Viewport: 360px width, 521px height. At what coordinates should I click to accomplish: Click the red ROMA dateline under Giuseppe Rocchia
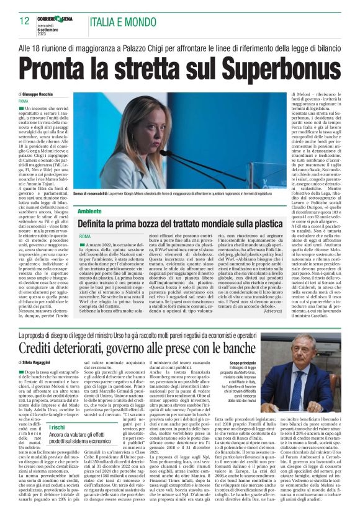coord(24,100)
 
